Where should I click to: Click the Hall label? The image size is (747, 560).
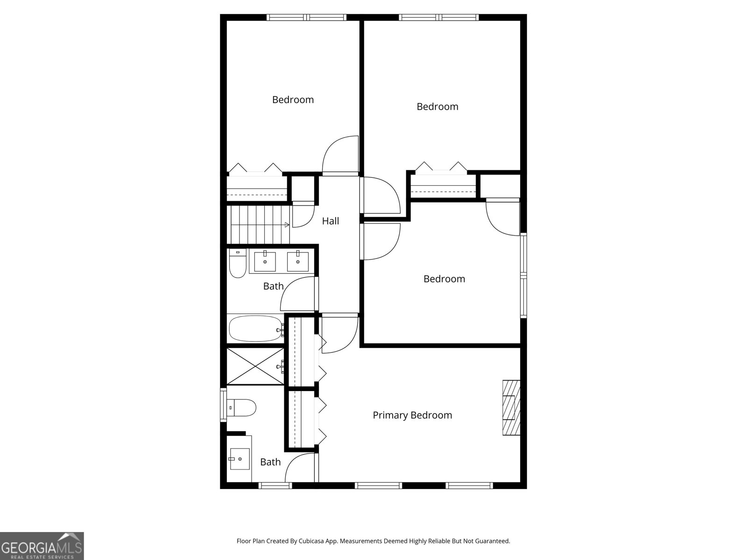tap(331, 221)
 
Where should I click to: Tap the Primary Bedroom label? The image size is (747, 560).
tap(412, 415)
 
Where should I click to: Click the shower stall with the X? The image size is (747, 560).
tap(255, 366)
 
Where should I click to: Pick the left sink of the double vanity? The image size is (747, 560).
tap(265, 261)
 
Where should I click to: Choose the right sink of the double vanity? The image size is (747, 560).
tap(297, 261)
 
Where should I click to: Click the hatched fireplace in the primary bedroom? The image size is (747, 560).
tap(511, 408)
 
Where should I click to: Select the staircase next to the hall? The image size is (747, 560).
tap(258, 224)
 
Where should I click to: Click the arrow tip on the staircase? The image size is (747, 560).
tap(287, 225)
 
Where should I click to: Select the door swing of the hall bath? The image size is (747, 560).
tap(298, 294)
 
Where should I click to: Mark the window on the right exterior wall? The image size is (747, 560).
tap(523, 275)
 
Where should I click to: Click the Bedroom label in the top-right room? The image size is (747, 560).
tap(437, 106)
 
